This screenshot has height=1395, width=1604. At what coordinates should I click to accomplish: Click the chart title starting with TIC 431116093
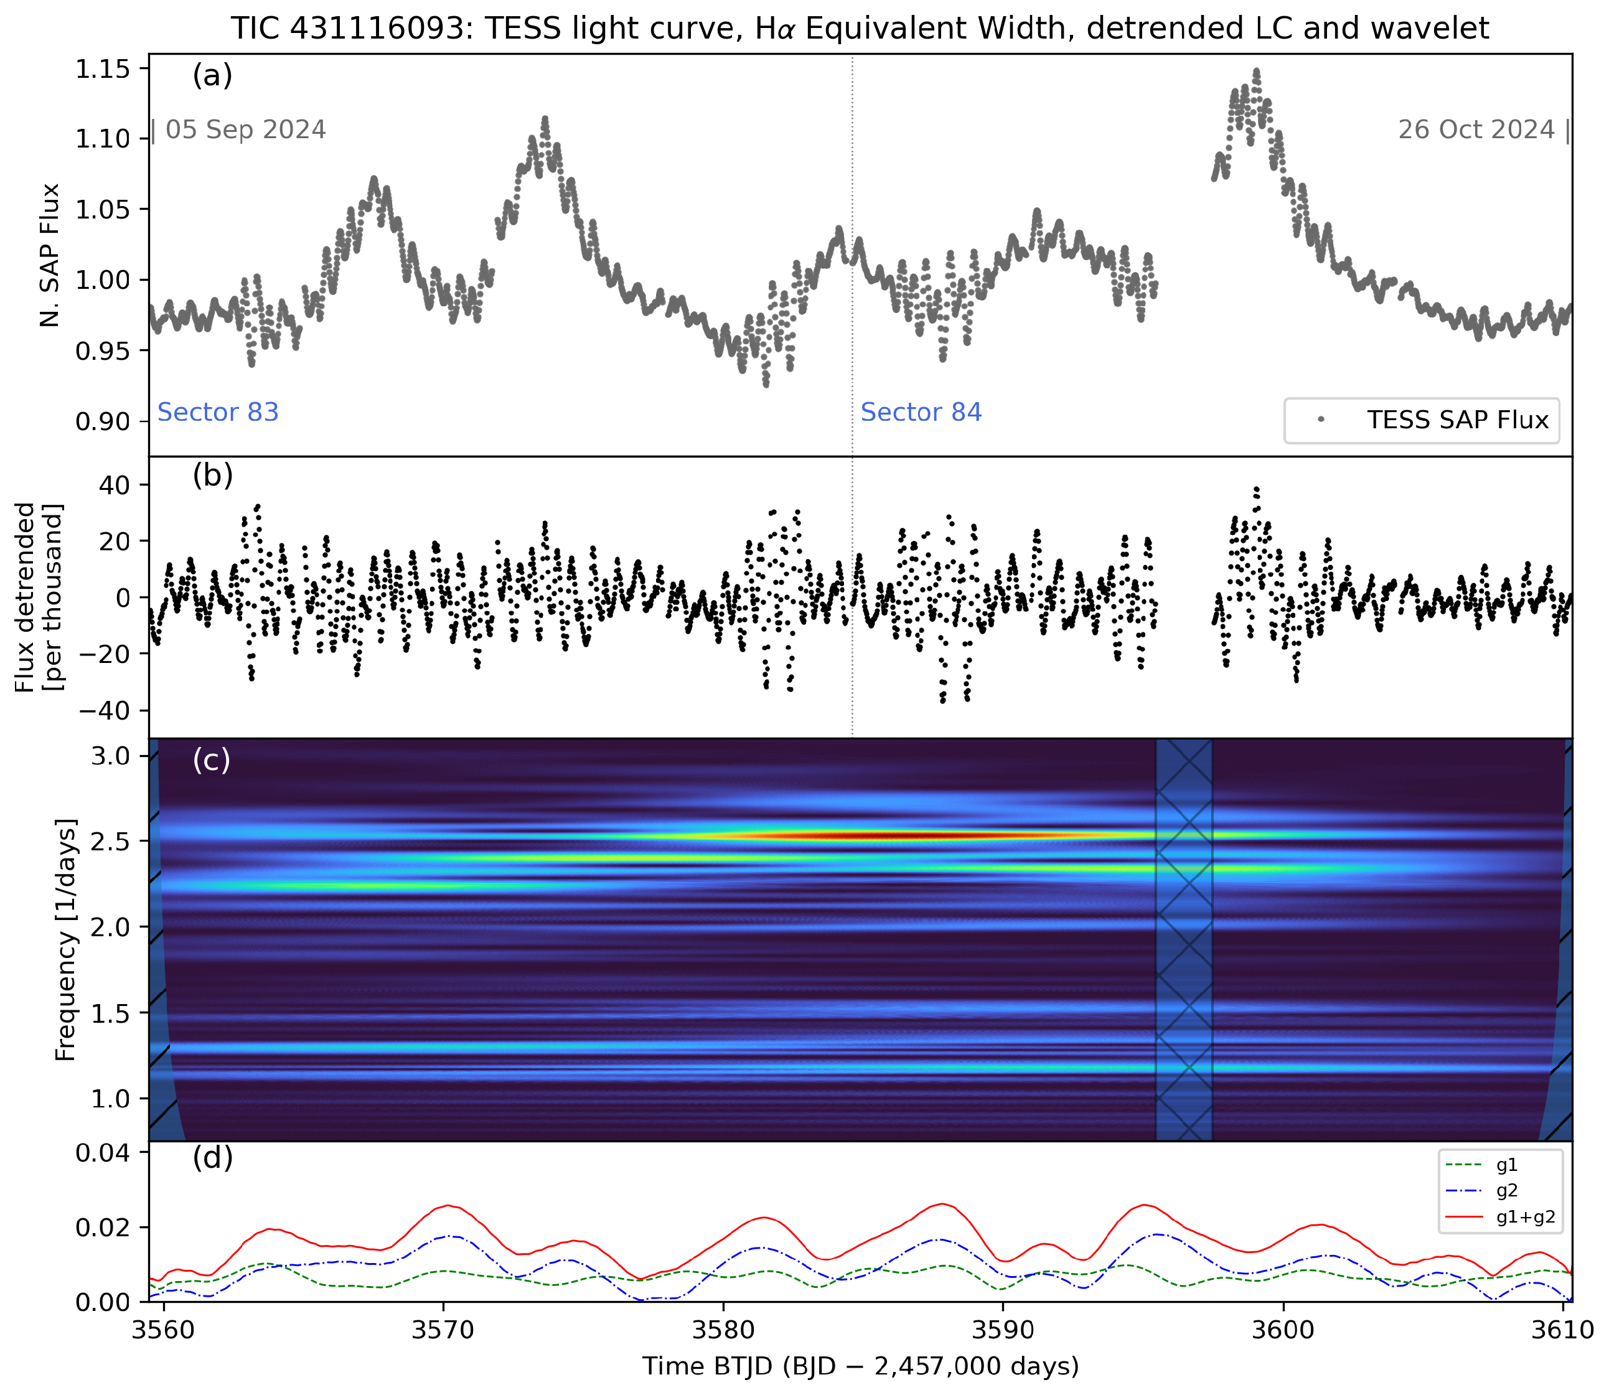pos(860,28)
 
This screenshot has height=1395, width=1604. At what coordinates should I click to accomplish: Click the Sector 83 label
pos(218,412)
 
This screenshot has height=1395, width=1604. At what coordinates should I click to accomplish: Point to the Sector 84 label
pos(921,412)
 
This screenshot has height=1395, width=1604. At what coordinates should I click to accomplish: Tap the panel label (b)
pos(212,475)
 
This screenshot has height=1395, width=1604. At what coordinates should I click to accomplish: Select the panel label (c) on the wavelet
pos(211,760)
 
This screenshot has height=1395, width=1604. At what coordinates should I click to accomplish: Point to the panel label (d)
pos(212,1158)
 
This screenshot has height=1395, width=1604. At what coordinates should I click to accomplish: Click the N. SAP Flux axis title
pos(50,255)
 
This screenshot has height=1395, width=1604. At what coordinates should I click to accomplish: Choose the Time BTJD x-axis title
pos(860,1366)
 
